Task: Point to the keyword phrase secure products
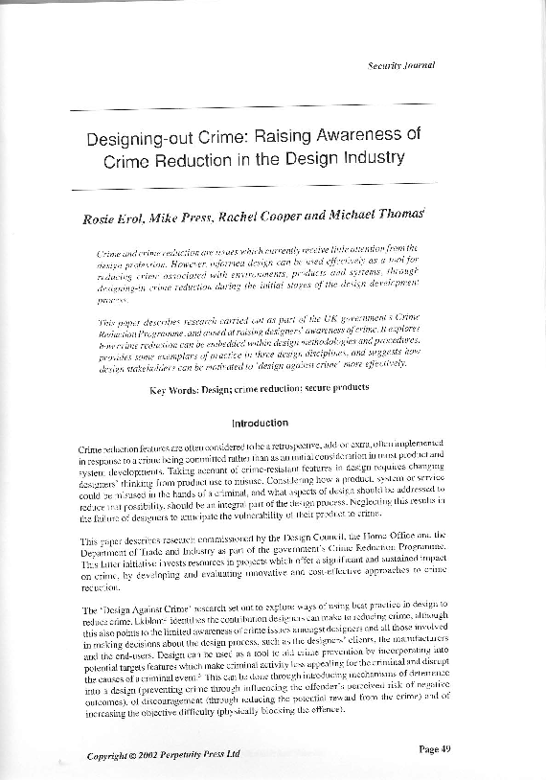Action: click(x=346, y=391)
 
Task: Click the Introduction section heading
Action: click(x=261, y=423)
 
